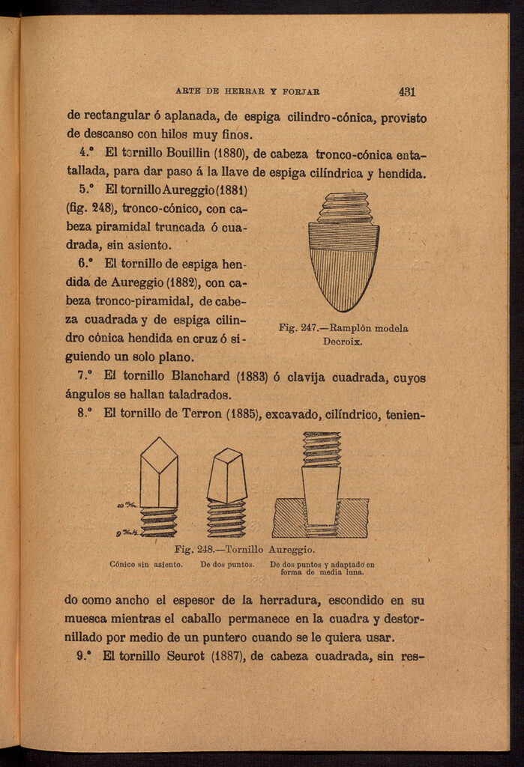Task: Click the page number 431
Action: (x=407, y=92)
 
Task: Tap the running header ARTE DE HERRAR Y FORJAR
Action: (x=248, y=92)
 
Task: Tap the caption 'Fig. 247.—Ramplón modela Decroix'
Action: (x=343, y=334)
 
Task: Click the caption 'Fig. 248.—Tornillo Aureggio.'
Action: (x=244, y=550)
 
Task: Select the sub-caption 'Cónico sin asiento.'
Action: (x=146, y=565)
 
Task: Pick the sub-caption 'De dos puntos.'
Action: (x=227, y=565)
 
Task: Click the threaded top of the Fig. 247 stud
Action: (x=344, y=207)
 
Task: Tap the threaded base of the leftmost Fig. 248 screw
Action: (x=159, y=523)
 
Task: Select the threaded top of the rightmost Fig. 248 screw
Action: (x=322, y=448)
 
